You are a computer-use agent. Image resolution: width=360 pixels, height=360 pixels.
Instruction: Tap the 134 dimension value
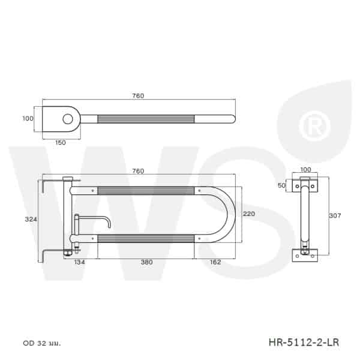tap(80, 262)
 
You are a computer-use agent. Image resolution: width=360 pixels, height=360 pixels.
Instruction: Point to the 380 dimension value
tap(146, 262)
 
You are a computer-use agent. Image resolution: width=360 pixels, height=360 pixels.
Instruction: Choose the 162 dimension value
tap(215, 262)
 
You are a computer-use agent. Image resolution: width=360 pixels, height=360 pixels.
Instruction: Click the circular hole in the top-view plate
tap(70, 119)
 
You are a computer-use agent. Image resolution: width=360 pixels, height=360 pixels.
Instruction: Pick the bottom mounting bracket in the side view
tap(306, 254)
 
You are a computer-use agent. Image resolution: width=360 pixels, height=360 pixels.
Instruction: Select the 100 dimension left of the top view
tap(28, 119)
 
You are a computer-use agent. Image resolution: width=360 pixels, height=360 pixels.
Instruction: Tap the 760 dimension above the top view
tap(138, 96)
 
